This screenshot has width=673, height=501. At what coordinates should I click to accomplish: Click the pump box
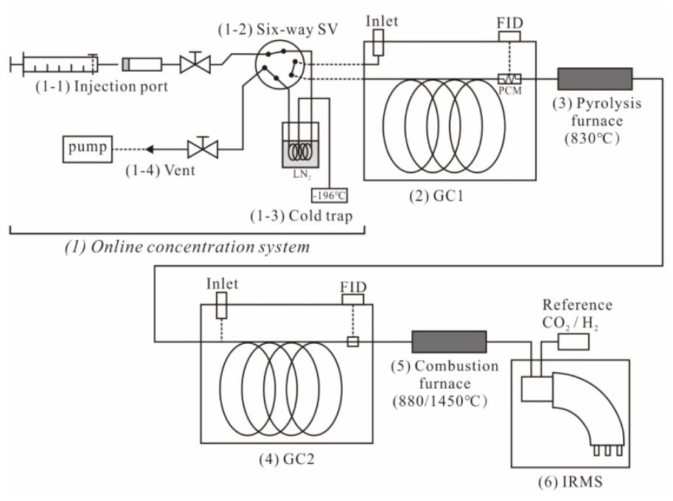pos(88,149)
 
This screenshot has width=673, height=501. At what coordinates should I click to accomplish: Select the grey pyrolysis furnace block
pos(595,79)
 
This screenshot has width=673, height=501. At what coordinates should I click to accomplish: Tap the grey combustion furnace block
pos(449,342)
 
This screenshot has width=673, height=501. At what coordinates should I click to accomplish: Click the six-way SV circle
pos(279,65)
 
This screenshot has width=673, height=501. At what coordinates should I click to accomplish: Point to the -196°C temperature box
pos(329,196)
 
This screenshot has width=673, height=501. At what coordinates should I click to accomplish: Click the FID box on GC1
pos(509,36)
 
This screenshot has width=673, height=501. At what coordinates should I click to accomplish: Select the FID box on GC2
pos(353,299)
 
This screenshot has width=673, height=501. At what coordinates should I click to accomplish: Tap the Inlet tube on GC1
pos(378,43)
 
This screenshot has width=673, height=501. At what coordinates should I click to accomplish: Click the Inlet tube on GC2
pos(221,305)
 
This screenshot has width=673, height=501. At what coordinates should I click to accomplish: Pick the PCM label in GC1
pos(510,91)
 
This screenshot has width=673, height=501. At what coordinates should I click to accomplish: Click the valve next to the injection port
pos(195,63)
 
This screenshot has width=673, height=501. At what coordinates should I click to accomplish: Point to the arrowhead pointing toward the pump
pos(150,150)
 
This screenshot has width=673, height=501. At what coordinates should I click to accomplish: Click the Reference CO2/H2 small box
pos(573,342)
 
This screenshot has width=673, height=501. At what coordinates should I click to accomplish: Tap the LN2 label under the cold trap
pos(302,174)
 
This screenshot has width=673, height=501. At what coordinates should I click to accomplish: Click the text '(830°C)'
pos(593,139)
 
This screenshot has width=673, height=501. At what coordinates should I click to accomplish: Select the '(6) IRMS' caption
pos(570,482)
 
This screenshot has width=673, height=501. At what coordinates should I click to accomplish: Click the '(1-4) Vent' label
pos(160,170)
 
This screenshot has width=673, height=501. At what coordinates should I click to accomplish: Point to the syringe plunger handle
pos(12,64)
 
